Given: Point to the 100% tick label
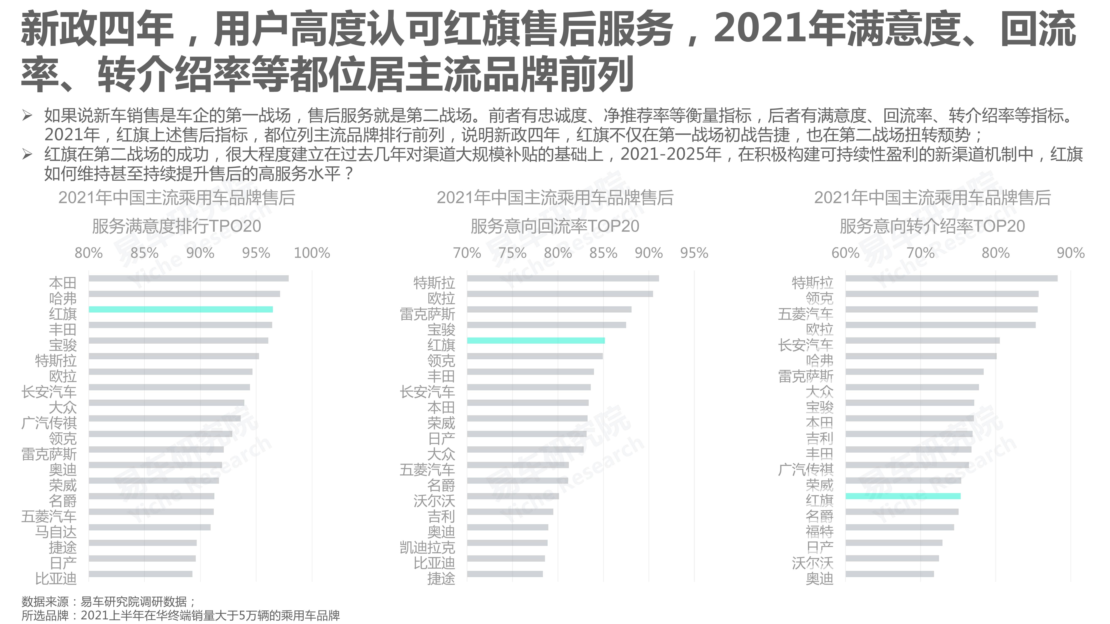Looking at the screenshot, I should tap(312, 253).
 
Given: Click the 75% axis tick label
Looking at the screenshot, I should tap(512, 253).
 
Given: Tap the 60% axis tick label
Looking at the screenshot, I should tap(845, 253).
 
